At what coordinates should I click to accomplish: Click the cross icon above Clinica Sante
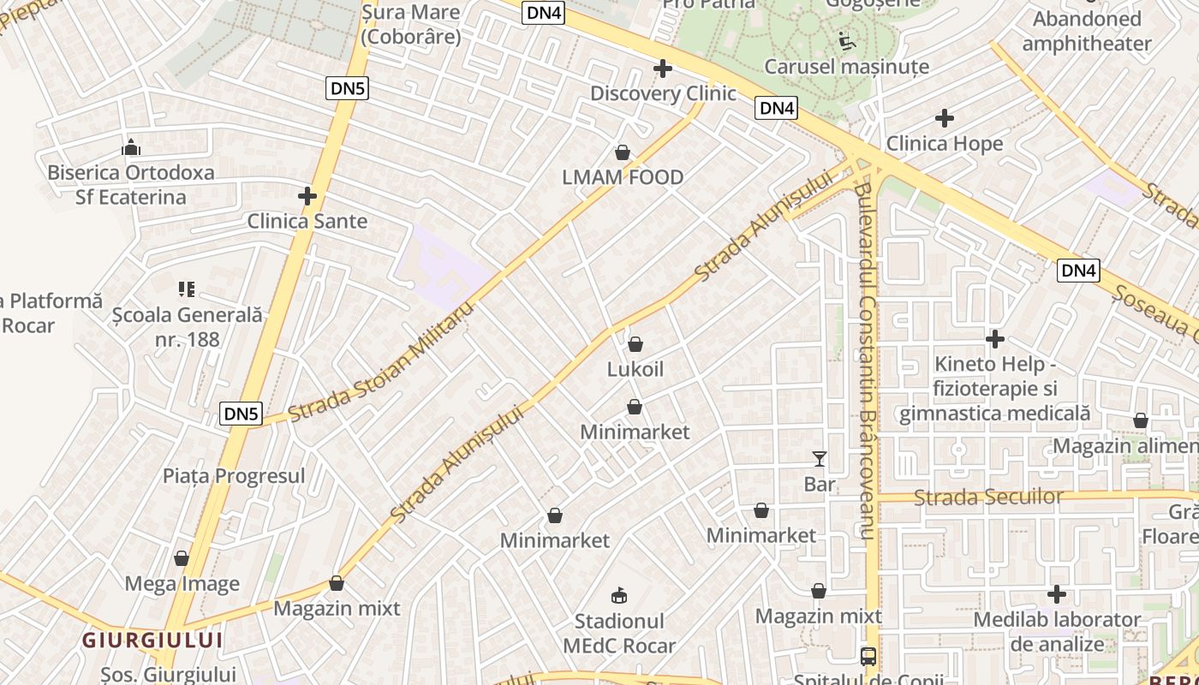307,196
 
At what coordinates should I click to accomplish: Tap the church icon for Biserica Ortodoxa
131,147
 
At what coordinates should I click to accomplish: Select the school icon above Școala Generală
187,289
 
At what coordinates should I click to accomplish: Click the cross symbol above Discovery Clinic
663,68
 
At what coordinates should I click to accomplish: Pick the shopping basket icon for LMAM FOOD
623,152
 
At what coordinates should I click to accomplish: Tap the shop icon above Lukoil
635,344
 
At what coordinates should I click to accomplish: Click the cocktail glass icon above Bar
820,459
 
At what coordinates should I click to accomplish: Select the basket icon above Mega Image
182,559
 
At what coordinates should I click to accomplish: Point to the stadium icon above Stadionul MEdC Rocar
619,595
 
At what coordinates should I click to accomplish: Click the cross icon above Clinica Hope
945,118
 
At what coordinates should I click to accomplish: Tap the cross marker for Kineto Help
994,340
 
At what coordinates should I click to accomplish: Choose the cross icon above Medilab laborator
1057,594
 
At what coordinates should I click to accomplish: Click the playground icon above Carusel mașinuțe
845,40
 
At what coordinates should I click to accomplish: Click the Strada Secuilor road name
988,497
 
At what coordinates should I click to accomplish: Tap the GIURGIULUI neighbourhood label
152,640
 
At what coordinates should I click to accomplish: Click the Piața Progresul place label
234,476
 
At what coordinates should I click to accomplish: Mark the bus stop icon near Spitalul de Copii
868,657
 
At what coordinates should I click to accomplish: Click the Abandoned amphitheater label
1087,31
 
